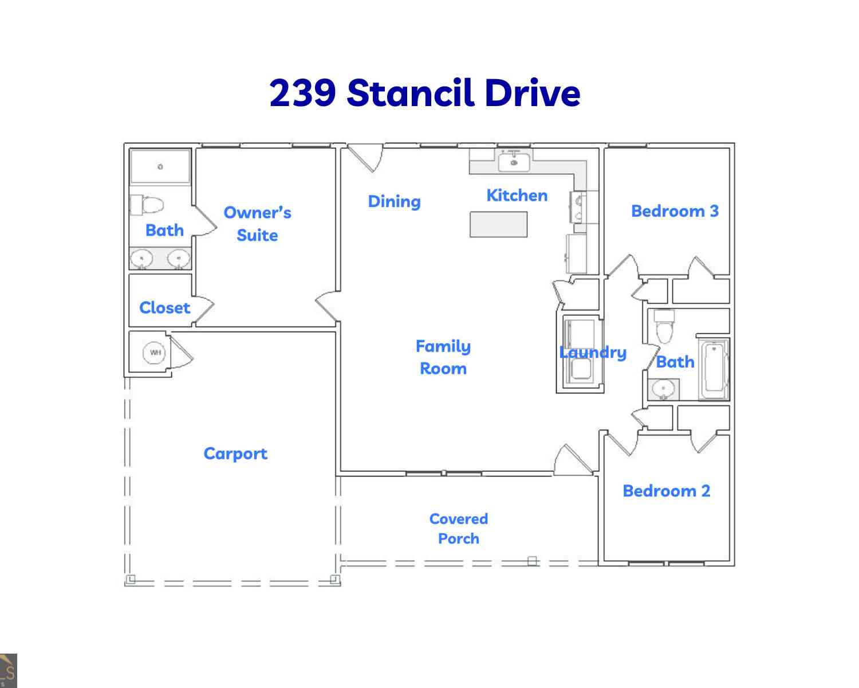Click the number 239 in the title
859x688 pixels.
(x=302, y=93)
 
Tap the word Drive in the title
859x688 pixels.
(x=533, y=93)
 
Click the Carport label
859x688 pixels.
(x=235, y=454)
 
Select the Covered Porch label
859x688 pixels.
(x=459, y=529)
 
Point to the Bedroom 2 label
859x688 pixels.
(x=667, y=491)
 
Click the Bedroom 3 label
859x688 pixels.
(x=675, y=211)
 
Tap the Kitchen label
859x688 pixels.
(x=517, y=196)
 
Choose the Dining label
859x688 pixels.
(x=395, y=202)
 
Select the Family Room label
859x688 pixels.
(x=443, y=357)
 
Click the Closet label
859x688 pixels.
(x=165, y=308)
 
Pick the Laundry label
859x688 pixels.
(x=593, y=353)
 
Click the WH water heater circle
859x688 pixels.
(x=154, y=353)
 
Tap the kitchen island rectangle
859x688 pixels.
(x=499, y=224)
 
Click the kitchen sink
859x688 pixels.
(x=514, y=161)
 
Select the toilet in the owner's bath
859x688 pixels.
(x=147, y=205)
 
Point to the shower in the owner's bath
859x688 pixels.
(x=160, y=167)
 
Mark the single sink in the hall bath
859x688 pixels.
(x=663, y=389)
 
